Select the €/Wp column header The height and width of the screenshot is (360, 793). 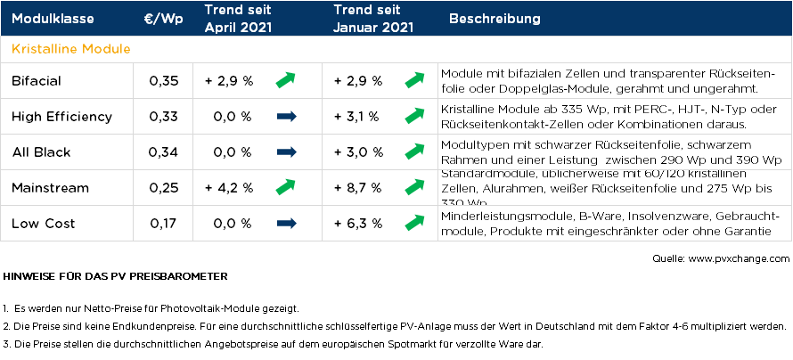pyautogui.click(x=163, y=19)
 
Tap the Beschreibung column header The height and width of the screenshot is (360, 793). pyautogui.click(x=495, y=19)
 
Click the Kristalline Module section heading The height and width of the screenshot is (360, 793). pyautogui.click(x=70, y=48)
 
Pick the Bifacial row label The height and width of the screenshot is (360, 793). pyautogui.click(x=37, y=81)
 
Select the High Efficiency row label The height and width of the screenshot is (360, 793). pyautogui.click(x=61, y=117)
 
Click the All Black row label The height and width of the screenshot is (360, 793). pyautogui.click(x=41, y=152)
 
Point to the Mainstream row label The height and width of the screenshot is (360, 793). pyautogui.click(x=50, y=187)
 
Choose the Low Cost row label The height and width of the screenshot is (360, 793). pyautogui.click(x=44, y=223)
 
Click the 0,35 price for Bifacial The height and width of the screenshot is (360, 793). pyautogui.click(x=164, y=81)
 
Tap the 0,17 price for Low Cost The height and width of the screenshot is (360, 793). pyautogui.click(x=164, y=223)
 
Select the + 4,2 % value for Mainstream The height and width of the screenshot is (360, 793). pyautogui.click(x=229, y=187)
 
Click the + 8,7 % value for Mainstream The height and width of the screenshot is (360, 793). pyautogui.click(x=358, y=187)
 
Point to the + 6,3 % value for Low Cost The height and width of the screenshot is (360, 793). pyautogui.click(x=358, y=223)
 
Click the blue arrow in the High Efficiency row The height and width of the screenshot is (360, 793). pyautogui.click(x=286, y=117)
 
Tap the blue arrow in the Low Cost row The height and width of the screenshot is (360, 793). pyautogui.click(x=286, y=223)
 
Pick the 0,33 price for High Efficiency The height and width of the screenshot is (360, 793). pyautogui.click(x=164, y=117)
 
